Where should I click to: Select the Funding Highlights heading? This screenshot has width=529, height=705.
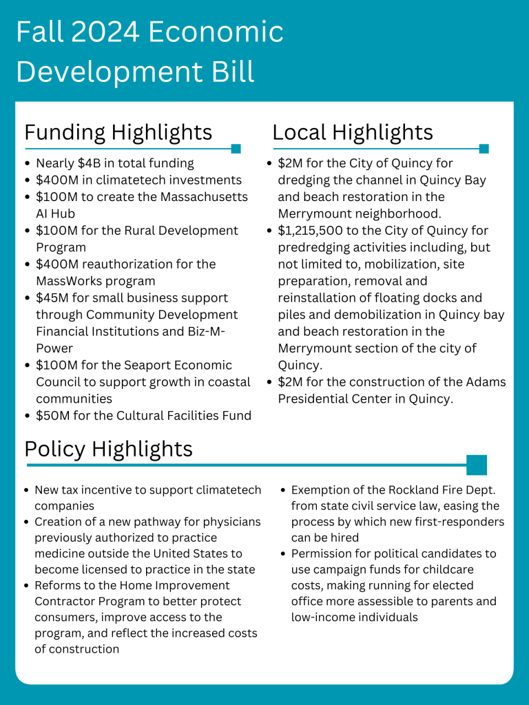click(x=118, y=132)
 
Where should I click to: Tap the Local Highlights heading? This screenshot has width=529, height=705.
click(x=353, y=132)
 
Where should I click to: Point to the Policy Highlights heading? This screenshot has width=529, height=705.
click(x=108, y=449)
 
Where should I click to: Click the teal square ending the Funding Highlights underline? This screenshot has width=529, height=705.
click(x=236, y=148)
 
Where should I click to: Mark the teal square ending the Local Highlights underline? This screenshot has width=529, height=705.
click(x=484, y=148)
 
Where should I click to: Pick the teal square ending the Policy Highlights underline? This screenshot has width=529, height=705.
click(x=477, y=465)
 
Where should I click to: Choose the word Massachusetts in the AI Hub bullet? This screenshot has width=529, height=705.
click(x=198, y=197)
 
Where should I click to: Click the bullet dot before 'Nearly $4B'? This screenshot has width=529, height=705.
click(x=27, y=164)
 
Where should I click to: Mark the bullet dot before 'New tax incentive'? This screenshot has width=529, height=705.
click(x=26, y=491)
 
